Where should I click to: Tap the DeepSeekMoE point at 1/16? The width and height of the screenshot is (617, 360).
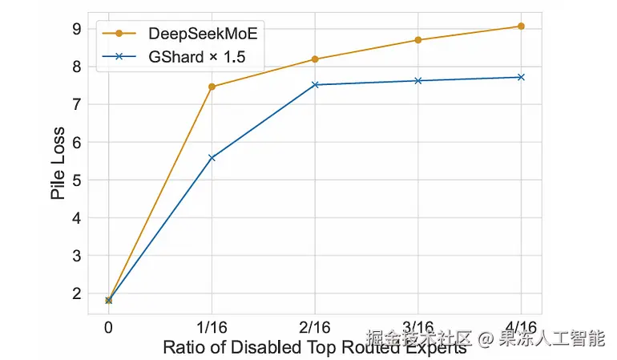point(212,87)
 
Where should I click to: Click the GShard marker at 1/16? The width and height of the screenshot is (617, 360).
point(212,158)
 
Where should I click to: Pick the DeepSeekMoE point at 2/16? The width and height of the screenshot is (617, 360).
point(315,59)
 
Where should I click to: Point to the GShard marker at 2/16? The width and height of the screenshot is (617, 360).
point(315,84)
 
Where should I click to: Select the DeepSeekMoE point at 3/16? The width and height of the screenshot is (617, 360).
point(418,40)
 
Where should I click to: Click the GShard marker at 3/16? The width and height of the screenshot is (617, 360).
point(418,81)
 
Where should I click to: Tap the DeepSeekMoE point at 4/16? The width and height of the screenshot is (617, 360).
point(521,26)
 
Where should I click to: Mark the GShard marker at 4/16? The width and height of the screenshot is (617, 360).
point(521,77)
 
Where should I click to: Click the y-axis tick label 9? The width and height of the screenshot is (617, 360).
point(76,29)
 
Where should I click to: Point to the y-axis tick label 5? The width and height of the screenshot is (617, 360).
point(76,180)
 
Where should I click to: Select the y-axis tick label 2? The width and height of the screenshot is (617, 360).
point(76,294)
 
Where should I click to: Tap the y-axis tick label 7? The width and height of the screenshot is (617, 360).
point(76,105)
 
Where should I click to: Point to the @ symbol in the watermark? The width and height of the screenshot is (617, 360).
point(484,338)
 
